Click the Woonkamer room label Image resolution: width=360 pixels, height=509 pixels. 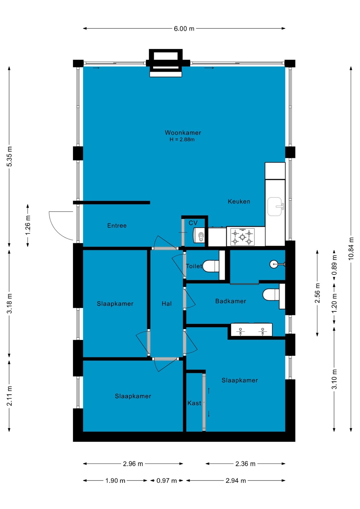[x=183, y=133]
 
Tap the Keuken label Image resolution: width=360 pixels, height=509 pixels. [x=239, y=201]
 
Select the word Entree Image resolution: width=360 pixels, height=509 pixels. [x=117, y=226]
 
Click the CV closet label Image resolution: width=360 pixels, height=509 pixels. [x=193, y=223]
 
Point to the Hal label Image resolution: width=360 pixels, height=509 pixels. [x=167, y=304]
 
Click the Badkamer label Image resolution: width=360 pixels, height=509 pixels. [x=231, y=301]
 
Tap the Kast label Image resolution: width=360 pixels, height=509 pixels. [x=194, y=403]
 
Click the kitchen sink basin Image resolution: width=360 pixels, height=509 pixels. [x=274, y=207]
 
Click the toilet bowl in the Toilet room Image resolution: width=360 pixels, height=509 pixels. [x=211, y=266]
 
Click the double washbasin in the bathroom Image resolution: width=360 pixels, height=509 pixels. [x=252, y=330]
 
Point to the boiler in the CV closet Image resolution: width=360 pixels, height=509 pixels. [x=199, y=235]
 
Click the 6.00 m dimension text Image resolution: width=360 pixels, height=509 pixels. [x=184, y=29]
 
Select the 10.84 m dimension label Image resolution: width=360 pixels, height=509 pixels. [x=351, y=248]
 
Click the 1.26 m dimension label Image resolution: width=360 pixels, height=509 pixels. [x=28, y=225]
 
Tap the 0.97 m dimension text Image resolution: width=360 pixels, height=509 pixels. [x=166, y=481]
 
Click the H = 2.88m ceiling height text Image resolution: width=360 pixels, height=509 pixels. [x=182, y=139]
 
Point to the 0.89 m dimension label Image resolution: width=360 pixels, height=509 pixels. [x=334, y=265]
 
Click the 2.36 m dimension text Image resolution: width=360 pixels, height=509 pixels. [x=245, y=464]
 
